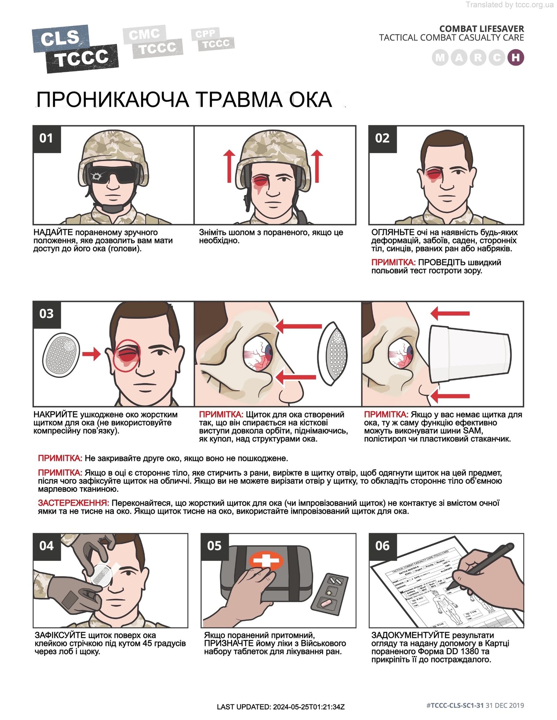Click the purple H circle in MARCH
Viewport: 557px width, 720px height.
click(516, 58)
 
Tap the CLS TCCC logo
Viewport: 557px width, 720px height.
click(75, 49)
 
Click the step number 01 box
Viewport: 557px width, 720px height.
click(47, 139)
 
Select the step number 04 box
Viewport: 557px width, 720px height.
click(47, 546)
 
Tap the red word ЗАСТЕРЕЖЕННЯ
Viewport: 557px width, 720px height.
click(73, 503)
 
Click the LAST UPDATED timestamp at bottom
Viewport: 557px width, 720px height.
click(281, 707)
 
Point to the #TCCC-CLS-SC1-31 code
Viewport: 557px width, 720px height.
click(455, 705)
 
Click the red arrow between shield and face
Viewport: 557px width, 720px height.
click(91, 354)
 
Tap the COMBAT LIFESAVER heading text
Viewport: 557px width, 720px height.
click(481, 29)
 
